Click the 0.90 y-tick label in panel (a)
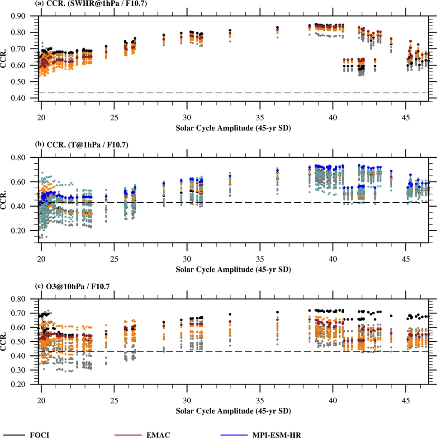click(25, 16)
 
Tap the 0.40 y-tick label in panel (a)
click(25, 98)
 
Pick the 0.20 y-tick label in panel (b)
click(25, 231)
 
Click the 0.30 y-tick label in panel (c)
click(25, 370)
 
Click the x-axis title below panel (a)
click(233, 128)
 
